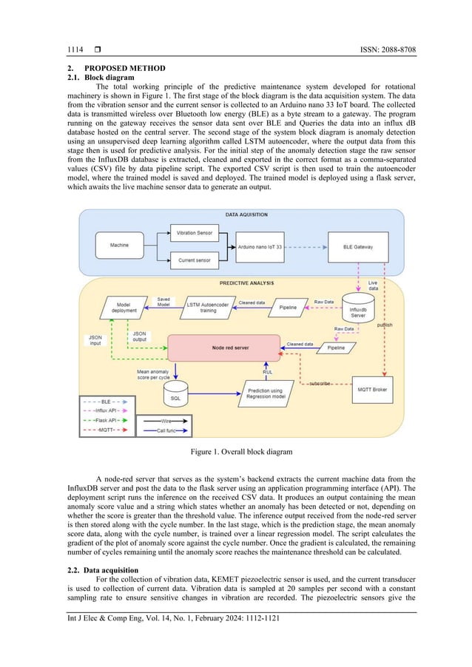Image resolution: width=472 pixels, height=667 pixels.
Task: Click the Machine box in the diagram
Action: coord(120,245)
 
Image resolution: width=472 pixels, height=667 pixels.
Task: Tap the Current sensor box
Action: coord(194,260)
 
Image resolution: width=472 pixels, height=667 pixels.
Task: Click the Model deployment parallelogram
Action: coord(122,307)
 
